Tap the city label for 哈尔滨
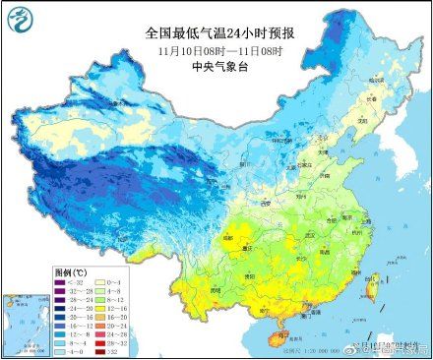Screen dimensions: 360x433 coord(379,79)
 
